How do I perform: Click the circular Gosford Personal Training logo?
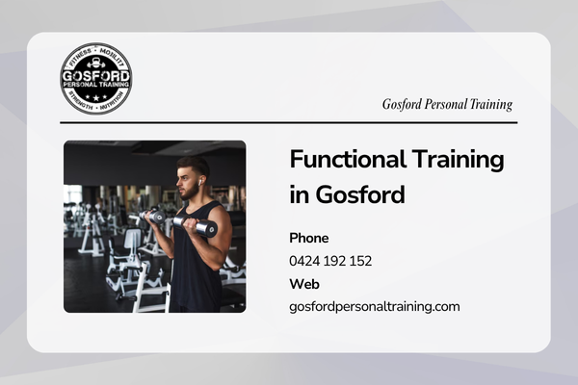click(95, 79)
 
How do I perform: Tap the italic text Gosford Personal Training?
click(447, 104)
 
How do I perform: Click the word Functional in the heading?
click(348, 159)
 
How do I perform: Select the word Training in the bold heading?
click(458, 160)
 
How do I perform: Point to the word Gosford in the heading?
click(360, 194)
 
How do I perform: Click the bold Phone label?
click(309, 238)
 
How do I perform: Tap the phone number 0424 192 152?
click(330, 261)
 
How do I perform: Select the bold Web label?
click(304, 284)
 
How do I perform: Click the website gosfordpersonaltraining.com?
click(375, 306)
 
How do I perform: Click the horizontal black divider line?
click(289, 122)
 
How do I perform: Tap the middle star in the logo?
click(96, 98)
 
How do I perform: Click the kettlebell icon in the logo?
click(96, 63)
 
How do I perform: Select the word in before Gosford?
click(299, 194)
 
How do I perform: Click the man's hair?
click(195, 165)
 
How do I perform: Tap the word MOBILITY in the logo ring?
click(112, 57)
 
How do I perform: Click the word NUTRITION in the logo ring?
click(112, 101)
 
